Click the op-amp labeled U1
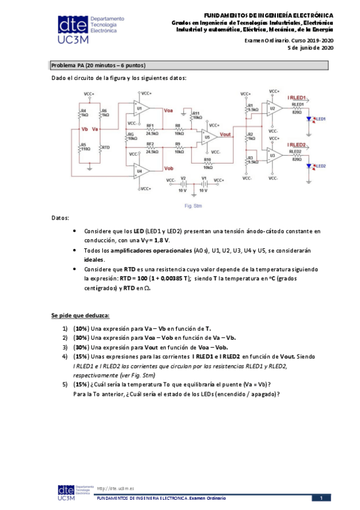tap(143, 109)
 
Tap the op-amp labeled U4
tap(143, 171)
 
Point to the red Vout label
tap(227, 135)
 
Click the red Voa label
tap(169, 110)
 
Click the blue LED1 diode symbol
tap(310, 119)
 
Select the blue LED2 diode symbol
tap(310, 166)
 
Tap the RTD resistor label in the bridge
tap(106, 147)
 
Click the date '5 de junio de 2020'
tap(311, 48)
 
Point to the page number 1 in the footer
tap(322, 498)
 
